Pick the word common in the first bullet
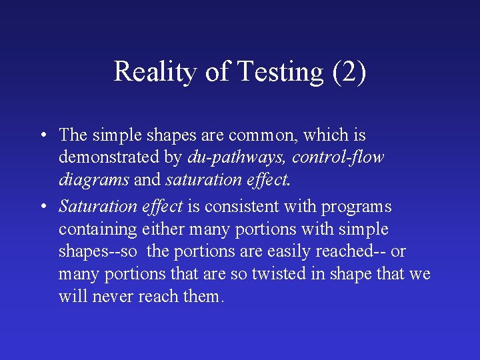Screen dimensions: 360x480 (263, 135)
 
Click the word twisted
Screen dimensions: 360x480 (292, 275)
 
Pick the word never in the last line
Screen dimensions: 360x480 (112, 297)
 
